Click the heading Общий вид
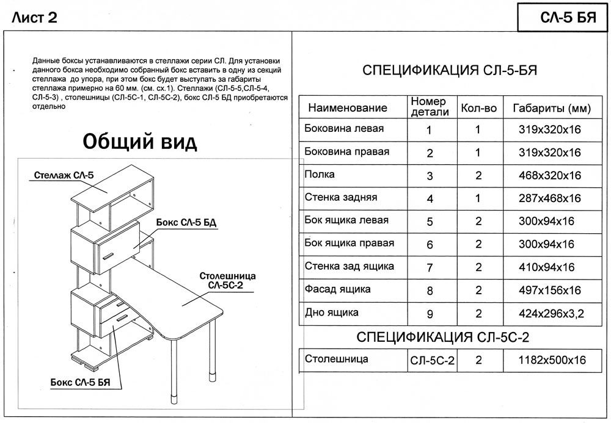(x=140, y=142)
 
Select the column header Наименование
(x=347, y=109)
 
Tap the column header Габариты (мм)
(x=551, y=109)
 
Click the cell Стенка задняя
(x=340, y=198)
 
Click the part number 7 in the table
(x=430, y=267)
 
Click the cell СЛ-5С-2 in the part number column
(x=433, y=361)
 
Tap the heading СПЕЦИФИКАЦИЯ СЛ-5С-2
(x=442, y=337)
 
